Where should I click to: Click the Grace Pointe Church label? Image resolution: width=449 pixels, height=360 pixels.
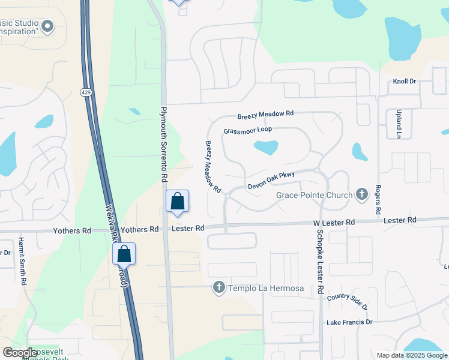point(315,195)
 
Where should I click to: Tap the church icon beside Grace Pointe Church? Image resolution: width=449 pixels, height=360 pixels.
point(361,194)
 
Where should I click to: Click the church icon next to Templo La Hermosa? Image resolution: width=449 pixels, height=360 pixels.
point(219,289)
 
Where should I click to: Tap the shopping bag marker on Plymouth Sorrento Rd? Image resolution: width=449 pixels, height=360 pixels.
point(178,202)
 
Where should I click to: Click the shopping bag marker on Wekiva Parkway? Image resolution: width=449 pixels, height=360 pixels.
point(124,254)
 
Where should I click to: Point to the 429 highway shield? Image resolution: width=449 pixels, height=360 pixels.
point(86,59)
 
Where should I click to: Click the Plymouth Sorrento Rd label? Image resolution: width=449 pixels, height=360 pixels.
point(163,145)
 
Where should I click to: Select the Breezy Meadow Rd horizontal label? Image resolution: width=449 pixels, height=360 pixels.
point(265,114)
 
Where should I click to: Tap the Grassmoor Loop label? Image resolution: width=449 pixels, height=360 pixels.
point(247,130)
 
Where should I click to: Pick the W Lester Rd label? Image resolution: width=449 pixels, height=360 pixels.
point(334,223)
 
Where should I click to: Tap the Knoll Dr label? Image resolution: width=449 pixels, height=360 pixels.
point(404,82)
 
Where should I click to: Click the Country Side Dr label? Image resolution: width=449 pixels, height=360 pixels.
point(347,301)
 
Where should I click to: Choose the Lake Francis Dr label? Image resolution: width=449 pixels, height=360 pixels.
point(349,323)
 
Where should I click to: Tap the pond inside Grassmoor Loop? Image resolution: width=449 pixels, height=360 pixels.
point(266,147)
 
